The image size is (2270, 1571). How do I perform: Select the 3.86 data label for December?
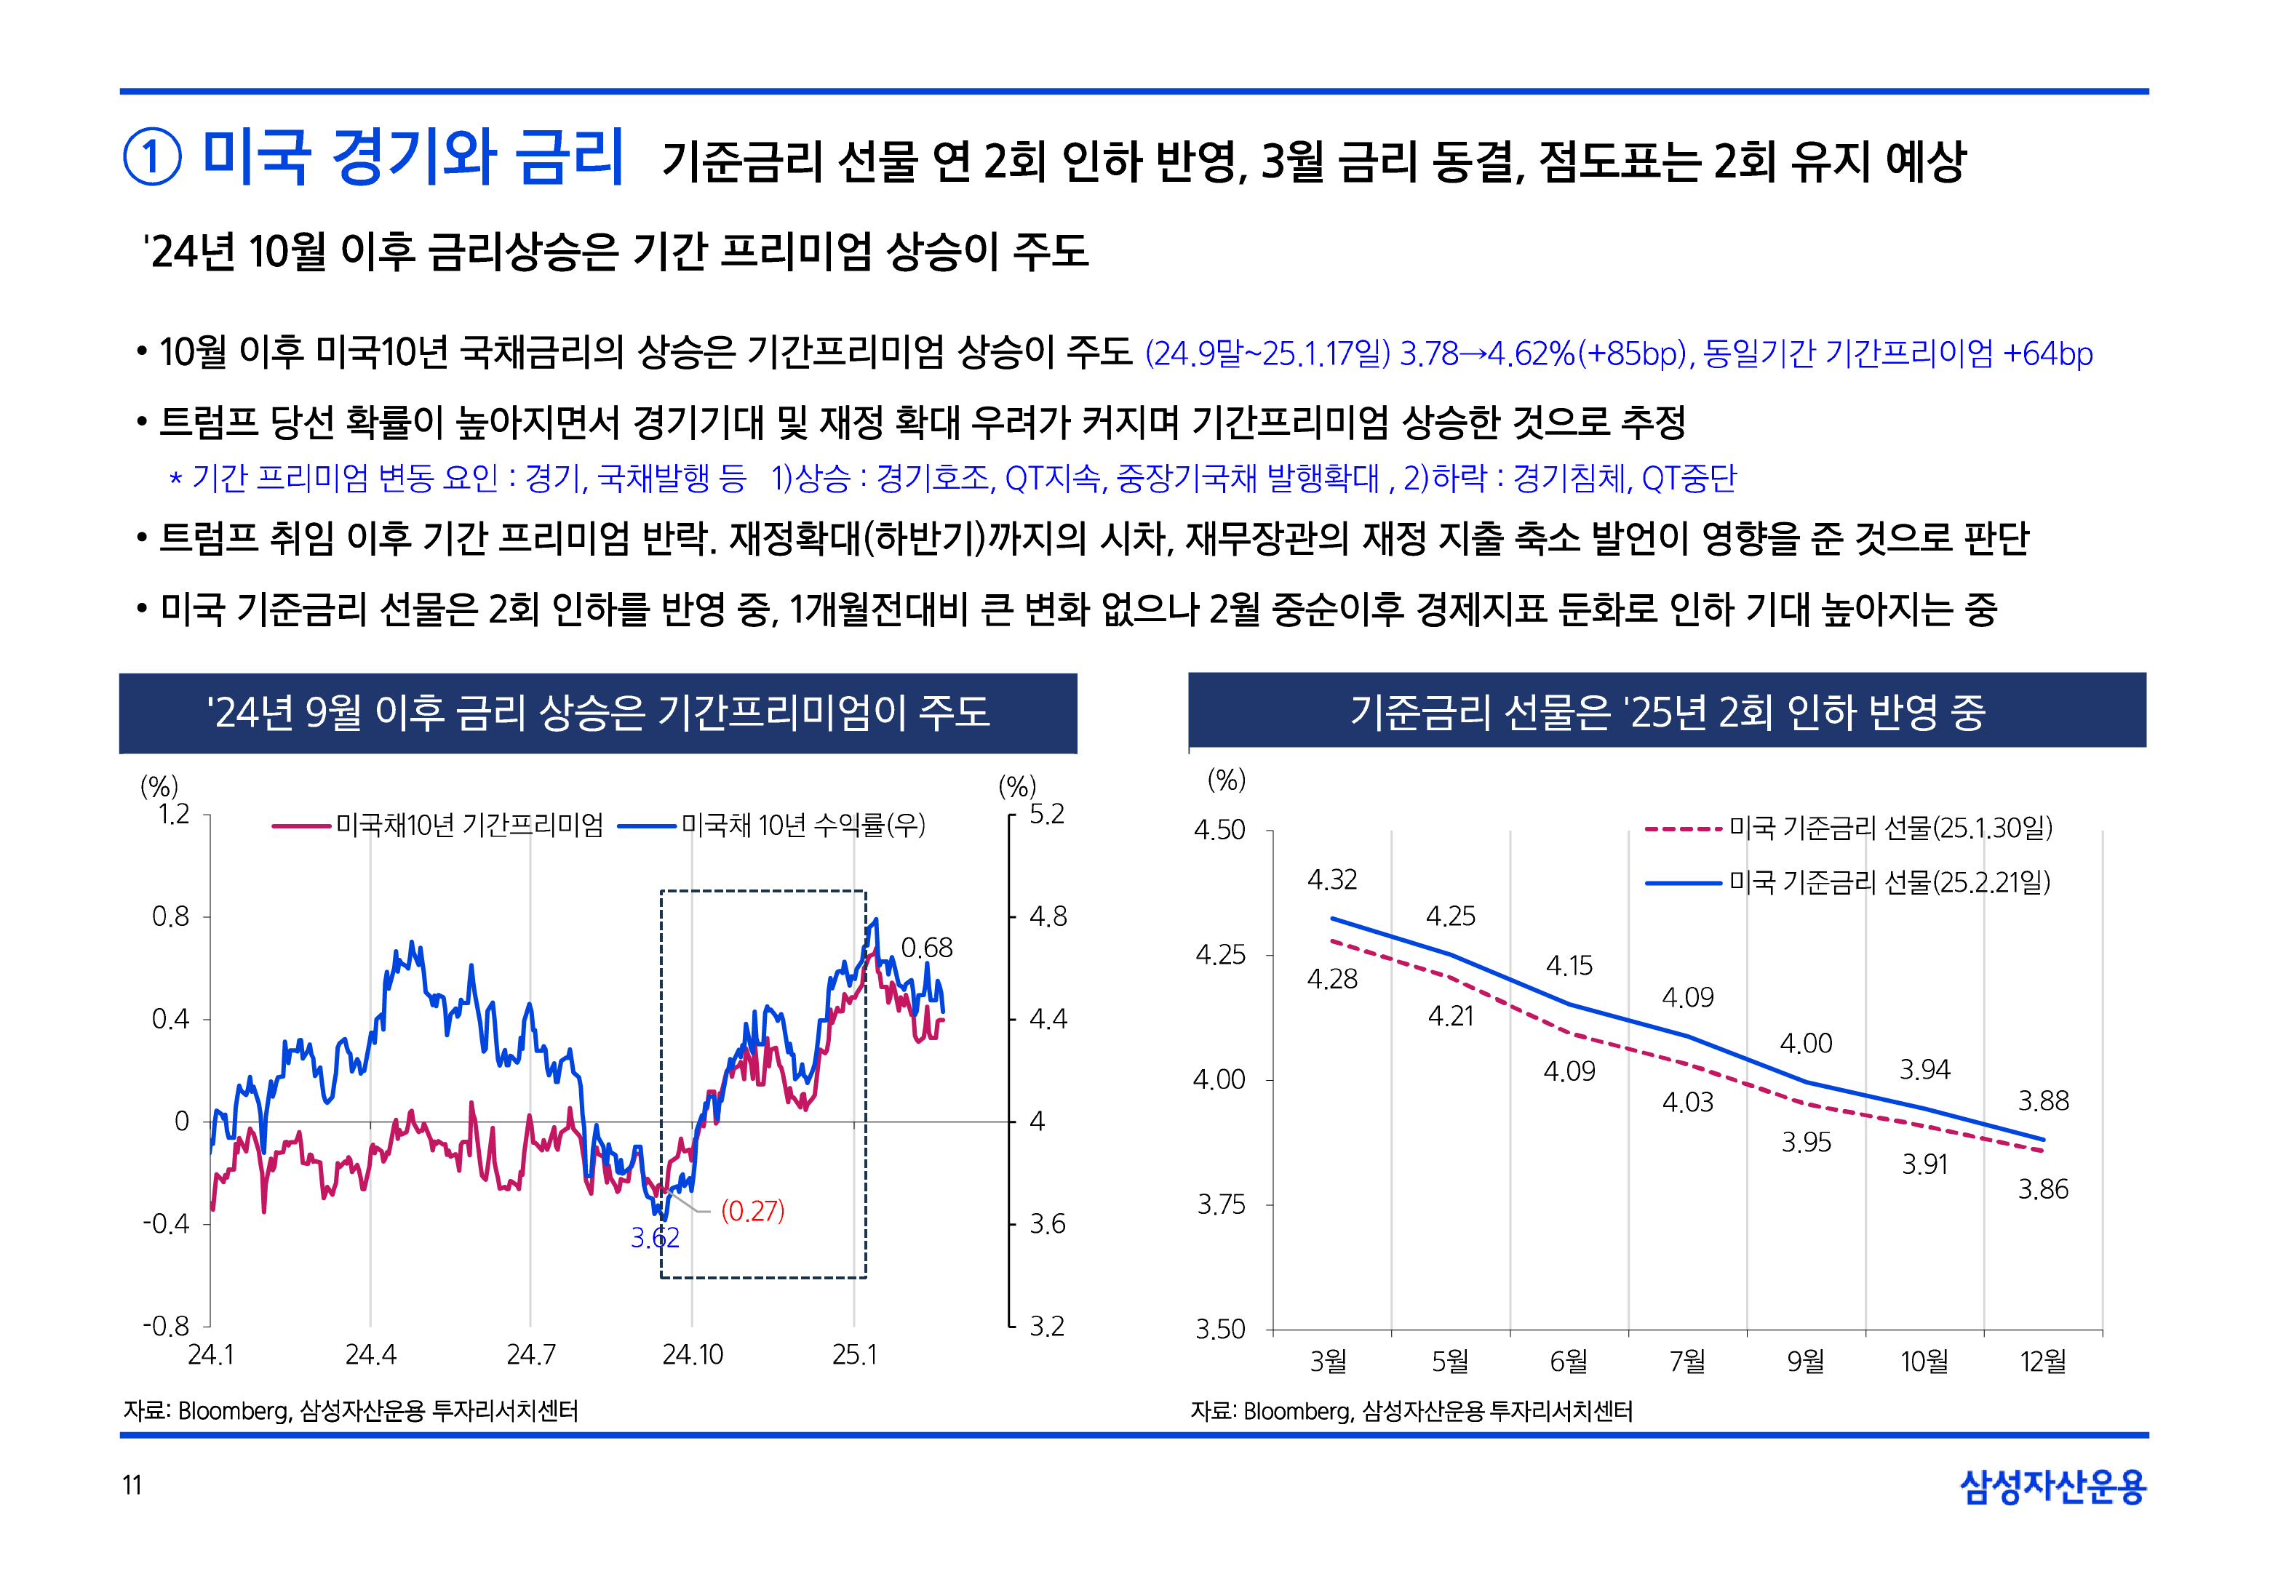[x=2042, y=1189]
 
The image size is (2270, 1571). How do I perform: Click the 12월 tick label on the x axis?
[x=2042, y=1362]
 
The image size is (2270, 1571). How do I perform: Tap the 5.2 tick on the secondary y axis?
[x=1046, y=814]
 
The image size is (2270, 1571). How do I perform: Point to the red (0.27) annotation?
[x=752, y=1211]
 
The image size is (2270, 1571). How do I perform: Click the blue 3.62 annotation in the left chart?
[x=655, y=1237]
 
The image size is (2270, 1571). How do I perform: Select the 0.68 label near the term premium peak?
[x=926, y=947]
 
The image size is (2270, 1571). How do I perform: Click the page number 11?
[x=132, y=1484]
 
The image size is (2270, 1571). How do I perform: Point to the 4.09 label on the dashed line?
[x=1569, y=1071]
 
